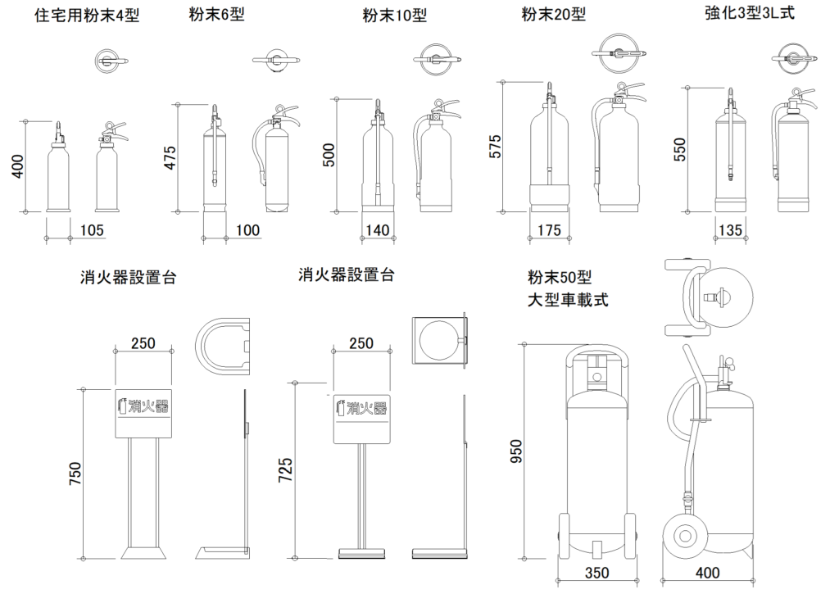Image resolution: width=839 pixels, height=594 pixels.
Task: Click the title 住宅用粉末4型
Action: click(86, 16)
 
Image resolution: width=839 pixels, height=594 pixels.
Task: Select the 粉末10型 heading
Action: click(395, 16)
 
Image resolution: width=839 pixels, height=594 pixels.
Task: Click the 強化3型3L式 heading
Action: click(749, 13)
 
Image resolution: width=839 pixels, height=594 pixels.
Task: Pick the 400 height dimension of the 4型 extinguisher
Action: click(16, 166)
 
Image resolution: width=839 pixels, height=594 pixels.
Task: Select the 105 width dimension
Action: click(92, 231)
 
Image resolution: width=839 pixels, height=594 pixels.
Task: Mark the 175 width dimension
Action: click(551, 231)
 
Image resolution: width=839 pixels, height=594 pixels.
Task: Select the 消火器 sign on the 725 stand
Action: click(361, 406)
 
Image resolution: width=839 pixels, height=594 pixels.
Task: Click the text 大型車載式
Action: click(568, 299)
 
